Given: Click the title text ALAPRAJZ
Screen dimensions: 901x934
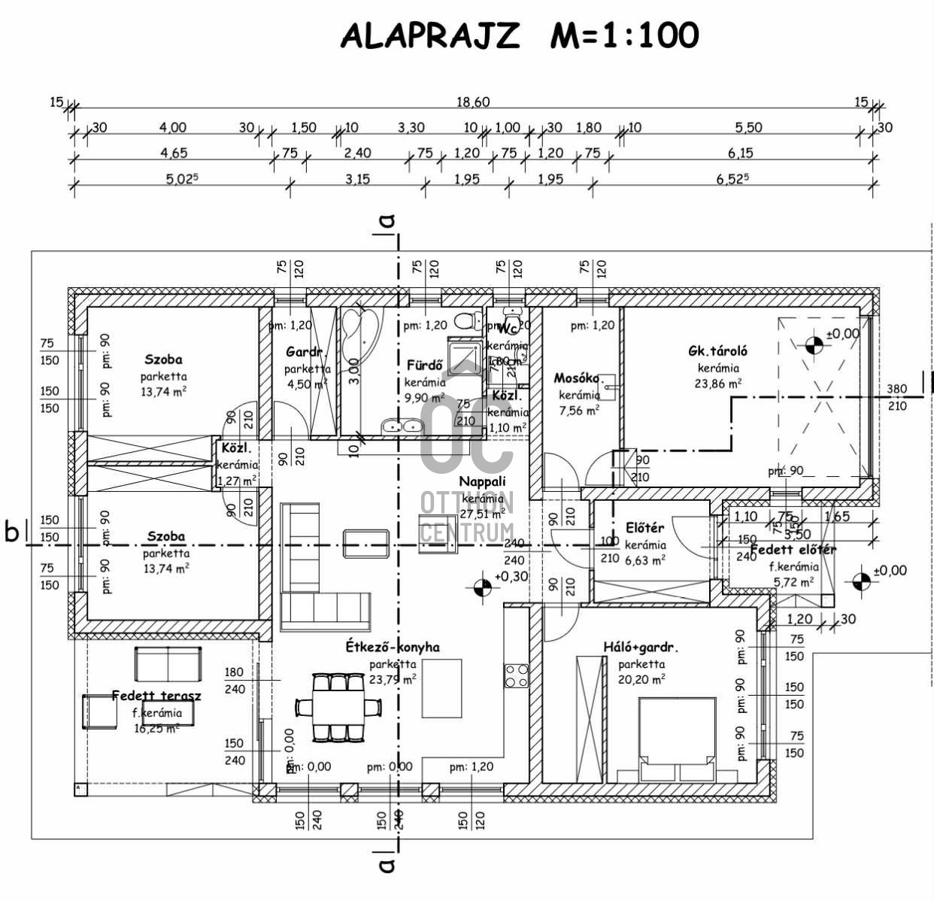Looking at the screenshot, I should pyautogui.click(x=429, y=35).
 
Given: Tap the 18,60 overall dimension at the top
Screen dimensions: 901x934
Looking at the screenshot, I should pyautogui.click(x=474, y=102).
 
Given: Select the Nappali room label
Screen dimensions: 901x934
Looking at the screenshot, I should pyautogui.click(x=482, y=481).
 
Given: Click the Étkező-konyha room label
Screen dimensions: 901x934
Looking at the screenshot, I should pyautogui.click(x=393, y=647).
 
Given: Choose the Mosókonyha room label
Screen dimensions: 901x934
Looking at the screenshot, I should pyautogui.click(x=577, y=378).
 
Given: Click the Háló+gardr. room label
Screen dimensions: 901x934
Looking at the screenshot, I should pyautogui.click(x=641, y=647).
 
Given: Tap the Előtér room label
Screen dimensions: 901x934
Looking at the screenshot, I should pyautogui.click(x=644, y=529).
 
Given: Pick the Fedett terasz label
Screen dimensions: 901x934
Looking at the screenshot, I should pyautogui.click(x=156, y=696).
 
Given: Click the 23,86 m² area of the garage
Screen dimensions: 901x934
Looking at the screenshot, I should pyautogui.click(x=719, y=383).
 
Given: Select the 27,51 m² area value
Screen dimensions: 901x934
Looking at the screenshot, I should pyautogui.click(x=482, y=515).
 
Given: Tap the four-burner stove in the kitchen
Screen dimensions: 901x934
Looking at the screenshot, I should pyautogui.click(x=516, y=675).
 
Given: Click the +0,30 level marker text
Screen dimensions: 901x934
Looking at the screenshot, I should pyautogui.click(x=511, y=577).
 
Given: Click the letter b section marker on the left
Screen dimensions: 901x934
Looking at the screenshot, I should pyautogui.click(x=12, y=531).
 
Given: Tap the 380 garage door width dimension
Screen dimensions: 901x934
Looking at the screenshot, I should pyautogui.click(x=897, y=390).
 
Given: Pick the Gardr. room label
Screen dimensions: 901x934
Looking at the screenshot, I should pyautogui.click(x=305, y=352).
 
